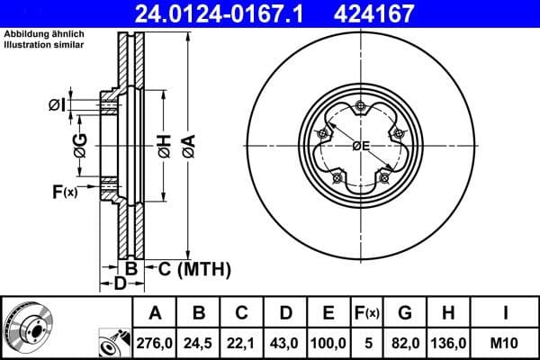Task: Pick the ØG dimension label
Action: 81,143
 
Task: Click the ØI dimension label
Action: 56,105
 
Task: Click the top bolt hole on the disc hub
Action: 360,109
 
